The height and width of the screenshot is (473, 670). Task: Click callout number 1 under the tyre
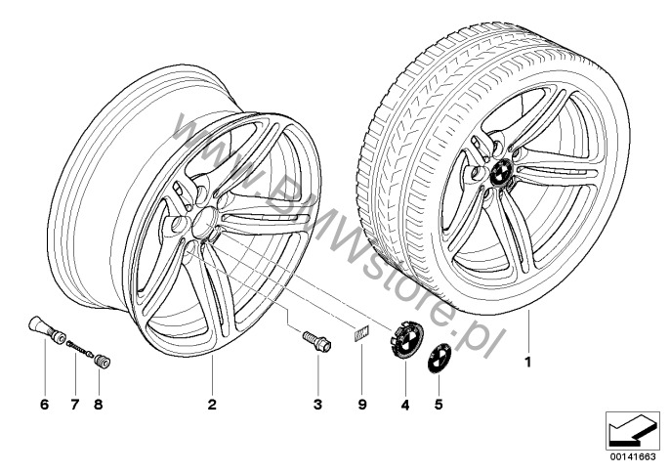coord(528,362)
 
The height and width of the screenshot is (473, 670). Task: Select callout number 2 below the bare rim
coord(212,405)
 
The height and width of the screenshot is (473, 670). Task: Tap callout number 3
coord(317,405)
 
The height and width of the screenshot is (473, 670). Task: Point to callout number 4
coord(405,405)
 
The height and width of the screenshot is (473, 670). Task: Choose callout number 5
coord(439,405)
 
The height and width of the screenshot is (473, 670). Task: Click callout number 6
coord(45,405)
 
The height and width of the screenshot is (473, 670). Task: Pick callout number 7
coord(75,405)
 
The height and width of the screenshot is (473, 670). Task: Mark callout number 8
coord(99,405)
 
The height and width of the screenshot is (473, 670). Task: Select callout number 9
coord(362,405)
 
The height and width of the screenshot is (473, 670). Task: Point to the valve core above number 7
coord(80,348)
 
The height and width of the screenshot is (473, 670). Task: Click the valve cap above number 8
coord(103,360)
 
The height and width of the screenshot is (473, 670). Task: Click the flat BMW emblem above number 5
coord(440,358)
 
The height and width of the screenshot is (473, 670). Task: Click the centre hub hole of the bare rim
coord(204,223)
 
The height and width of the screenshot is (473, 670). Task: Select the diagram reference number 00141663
coord(633,456)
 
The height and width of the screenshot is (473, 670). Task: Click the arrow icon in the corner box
coord(633,431)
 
